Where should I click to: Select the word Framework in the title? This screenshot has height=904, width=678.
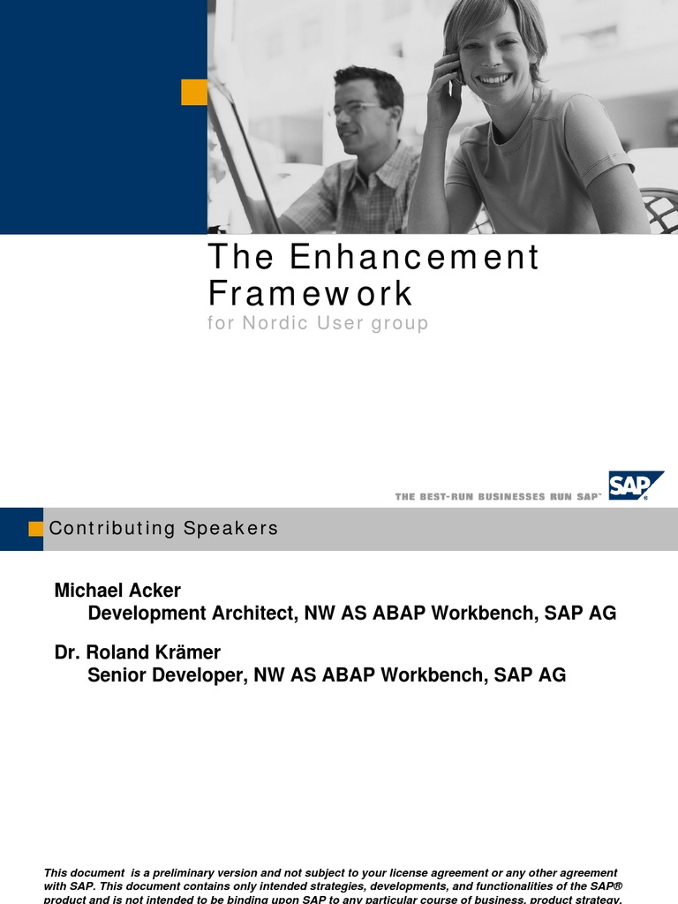pos(310,293)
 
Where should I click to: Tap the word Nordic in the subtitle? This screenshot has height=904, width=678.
pos(276,323)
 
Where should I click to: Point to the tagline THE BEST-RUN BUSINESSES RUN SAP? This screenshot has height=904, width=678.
pos(498,497)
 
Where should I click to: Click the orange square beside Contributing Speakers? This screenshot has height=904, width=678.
pos(36,529)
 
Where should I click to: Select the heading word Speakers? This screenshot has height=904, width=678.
pos(231,529)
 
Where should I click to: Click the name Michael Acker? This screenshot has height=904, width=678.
pos(117,589)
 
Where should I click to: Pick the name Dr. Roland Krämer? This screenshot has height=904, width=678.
pos(137,652)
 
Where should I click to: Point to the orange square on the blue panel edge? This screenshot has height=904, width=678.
pos(194,92)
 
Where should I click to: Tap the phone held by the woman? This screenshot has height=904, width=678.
pos(456,71)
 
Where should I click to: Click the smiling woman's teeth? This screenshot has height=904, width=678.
pos(494,79)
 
